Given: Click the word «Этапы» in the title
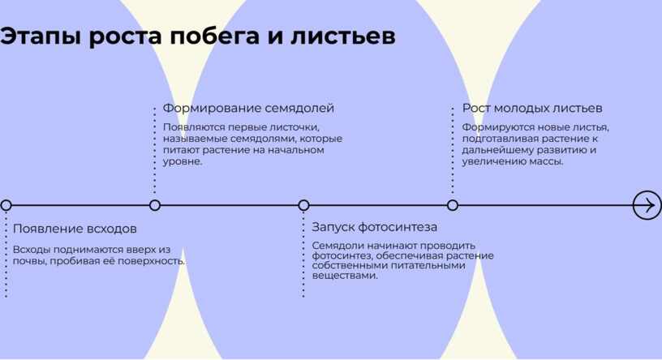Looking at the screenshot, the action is tap(41, 36).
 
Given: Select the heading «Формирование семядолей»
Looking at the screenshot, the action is tap(248, 108).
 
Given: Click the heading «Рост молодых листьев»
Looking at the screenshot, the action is tap(532, 108).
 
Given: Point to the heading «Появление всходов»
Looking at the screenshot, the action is tap(75, 229).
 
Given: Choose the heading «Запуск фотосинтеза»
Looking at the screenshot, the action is tap(375, 227).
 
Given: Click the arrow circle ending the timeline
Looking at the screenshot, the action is tap(647, 205).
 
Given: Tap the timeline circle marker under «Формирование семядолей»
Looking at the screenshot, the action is tap(155, 205).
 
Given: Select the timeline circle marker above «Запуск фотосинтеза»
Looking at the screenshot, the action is tap(303, 205).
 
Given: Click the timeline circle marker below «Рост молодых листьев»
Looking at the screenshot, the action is tap(453, 205).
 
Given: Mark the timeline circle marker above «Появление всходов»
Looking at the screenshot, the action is tap(6, 205).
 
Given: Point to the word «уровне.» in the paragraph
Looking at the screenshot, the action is tap(183, 161).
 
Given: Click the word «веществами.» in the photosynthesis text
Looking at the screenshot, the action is tap(345, 276).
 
